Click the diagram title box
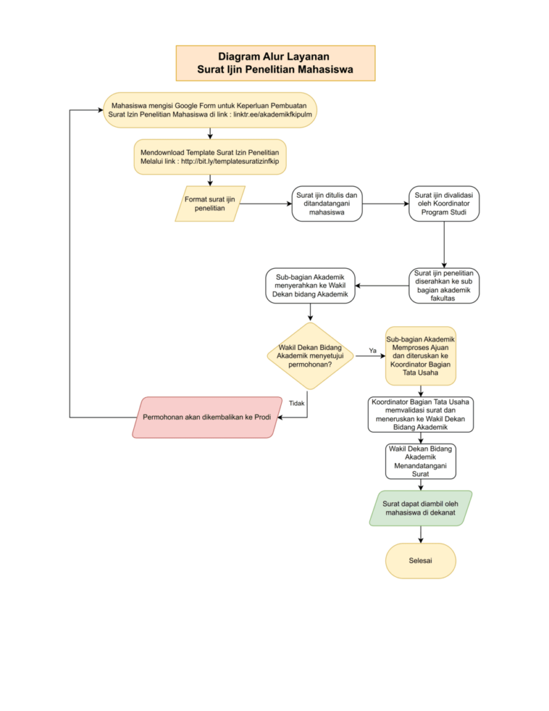point(275,63)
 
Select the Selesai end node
point(420,560)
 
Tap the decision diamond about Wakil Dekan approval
point(310,356)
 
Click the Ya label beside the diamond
point(373,351)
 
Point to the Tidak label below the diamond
point(296,403)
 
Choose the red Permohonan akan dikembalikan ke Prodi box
point(208,417)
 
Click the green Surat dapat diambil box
point(421,508)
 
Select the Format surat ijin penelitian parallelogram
point(210,203)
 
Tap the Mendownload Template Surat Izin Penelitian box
point(210,157)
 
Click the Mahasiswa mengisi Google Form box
point(210,110)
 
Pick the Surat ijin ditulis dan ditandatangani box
point(327,203)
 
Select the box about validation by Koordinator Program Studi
point(444,203)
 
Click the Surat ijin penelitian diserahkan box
point(444,285)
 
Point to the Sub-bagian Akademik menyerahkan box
point(310,285)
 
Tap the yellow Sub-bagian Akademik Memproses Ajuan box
point(421,356)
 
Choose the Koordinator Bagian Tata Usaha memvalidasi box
point(421,415)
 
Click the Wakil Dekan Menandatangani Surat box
point(421,461)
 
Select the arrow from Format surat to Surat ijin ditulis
point(266,203)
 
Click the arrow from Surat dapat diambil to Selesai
point(421,535)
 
